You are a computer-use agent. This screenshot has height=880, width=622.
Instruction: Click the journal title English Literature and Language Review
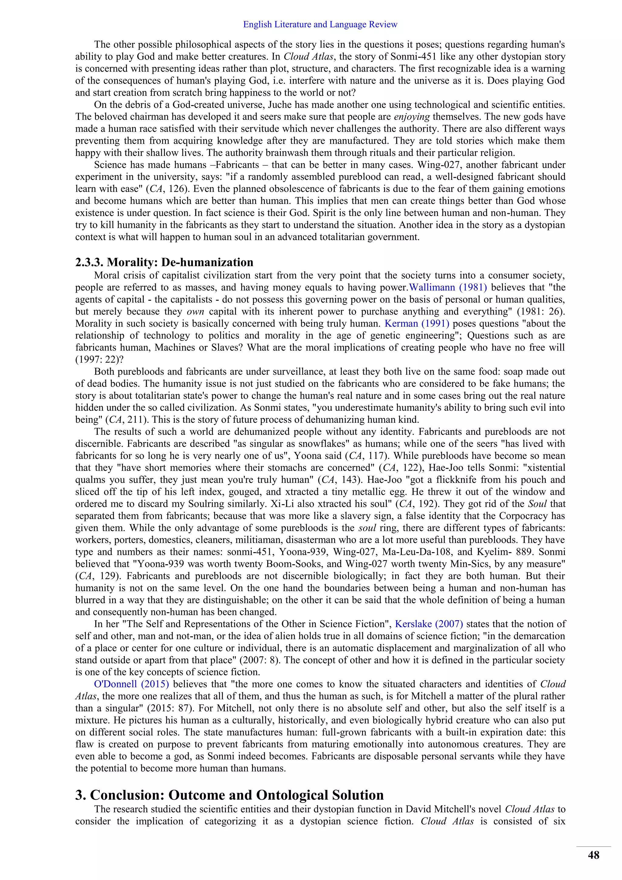coord(320,25)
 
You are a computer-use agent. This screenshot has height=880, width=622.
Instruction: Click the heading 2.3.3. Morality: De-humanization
coord(164,262)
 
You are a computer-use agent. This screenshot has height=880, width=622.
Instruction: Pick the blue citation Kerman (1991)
coord(417,324)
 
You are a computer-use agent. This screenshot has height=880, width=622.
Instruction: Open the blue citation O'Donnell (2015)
coord(132,684)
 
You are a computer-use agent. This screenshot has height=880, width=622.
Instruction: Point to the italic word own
coord(195,311)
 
